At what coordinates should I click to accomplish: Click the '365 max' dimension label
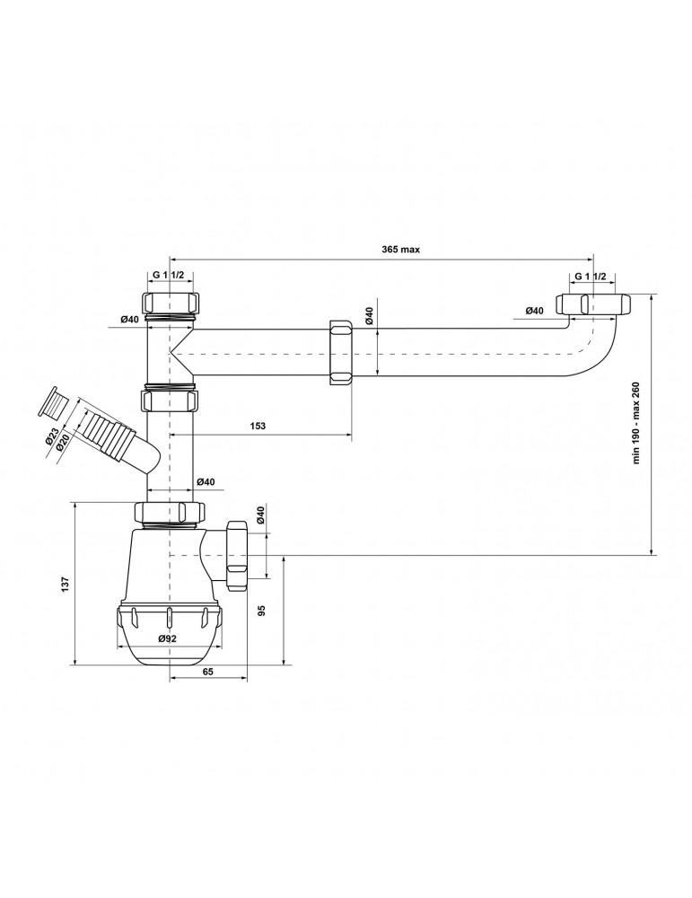pyautogui.click(x=400, y=249)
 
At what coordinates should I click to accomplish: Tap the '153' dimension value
pyautogui.click(x=258, y=426)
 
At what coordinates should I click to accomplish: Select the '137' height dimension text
pyautogui.click(x=66, y=584)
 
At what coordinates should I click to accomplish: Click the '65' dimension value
pyautogui.click(x=207, y=672)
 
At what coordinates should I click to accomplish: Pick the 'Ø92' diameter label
pyautogui.click(x=167, y=638)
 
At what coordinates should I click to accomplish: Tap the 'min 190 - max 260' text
pyautogui.click(x=637, y=423)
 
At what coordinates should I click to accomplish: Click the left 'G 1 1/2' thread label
pyautogui.click(x=168, y=275)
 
